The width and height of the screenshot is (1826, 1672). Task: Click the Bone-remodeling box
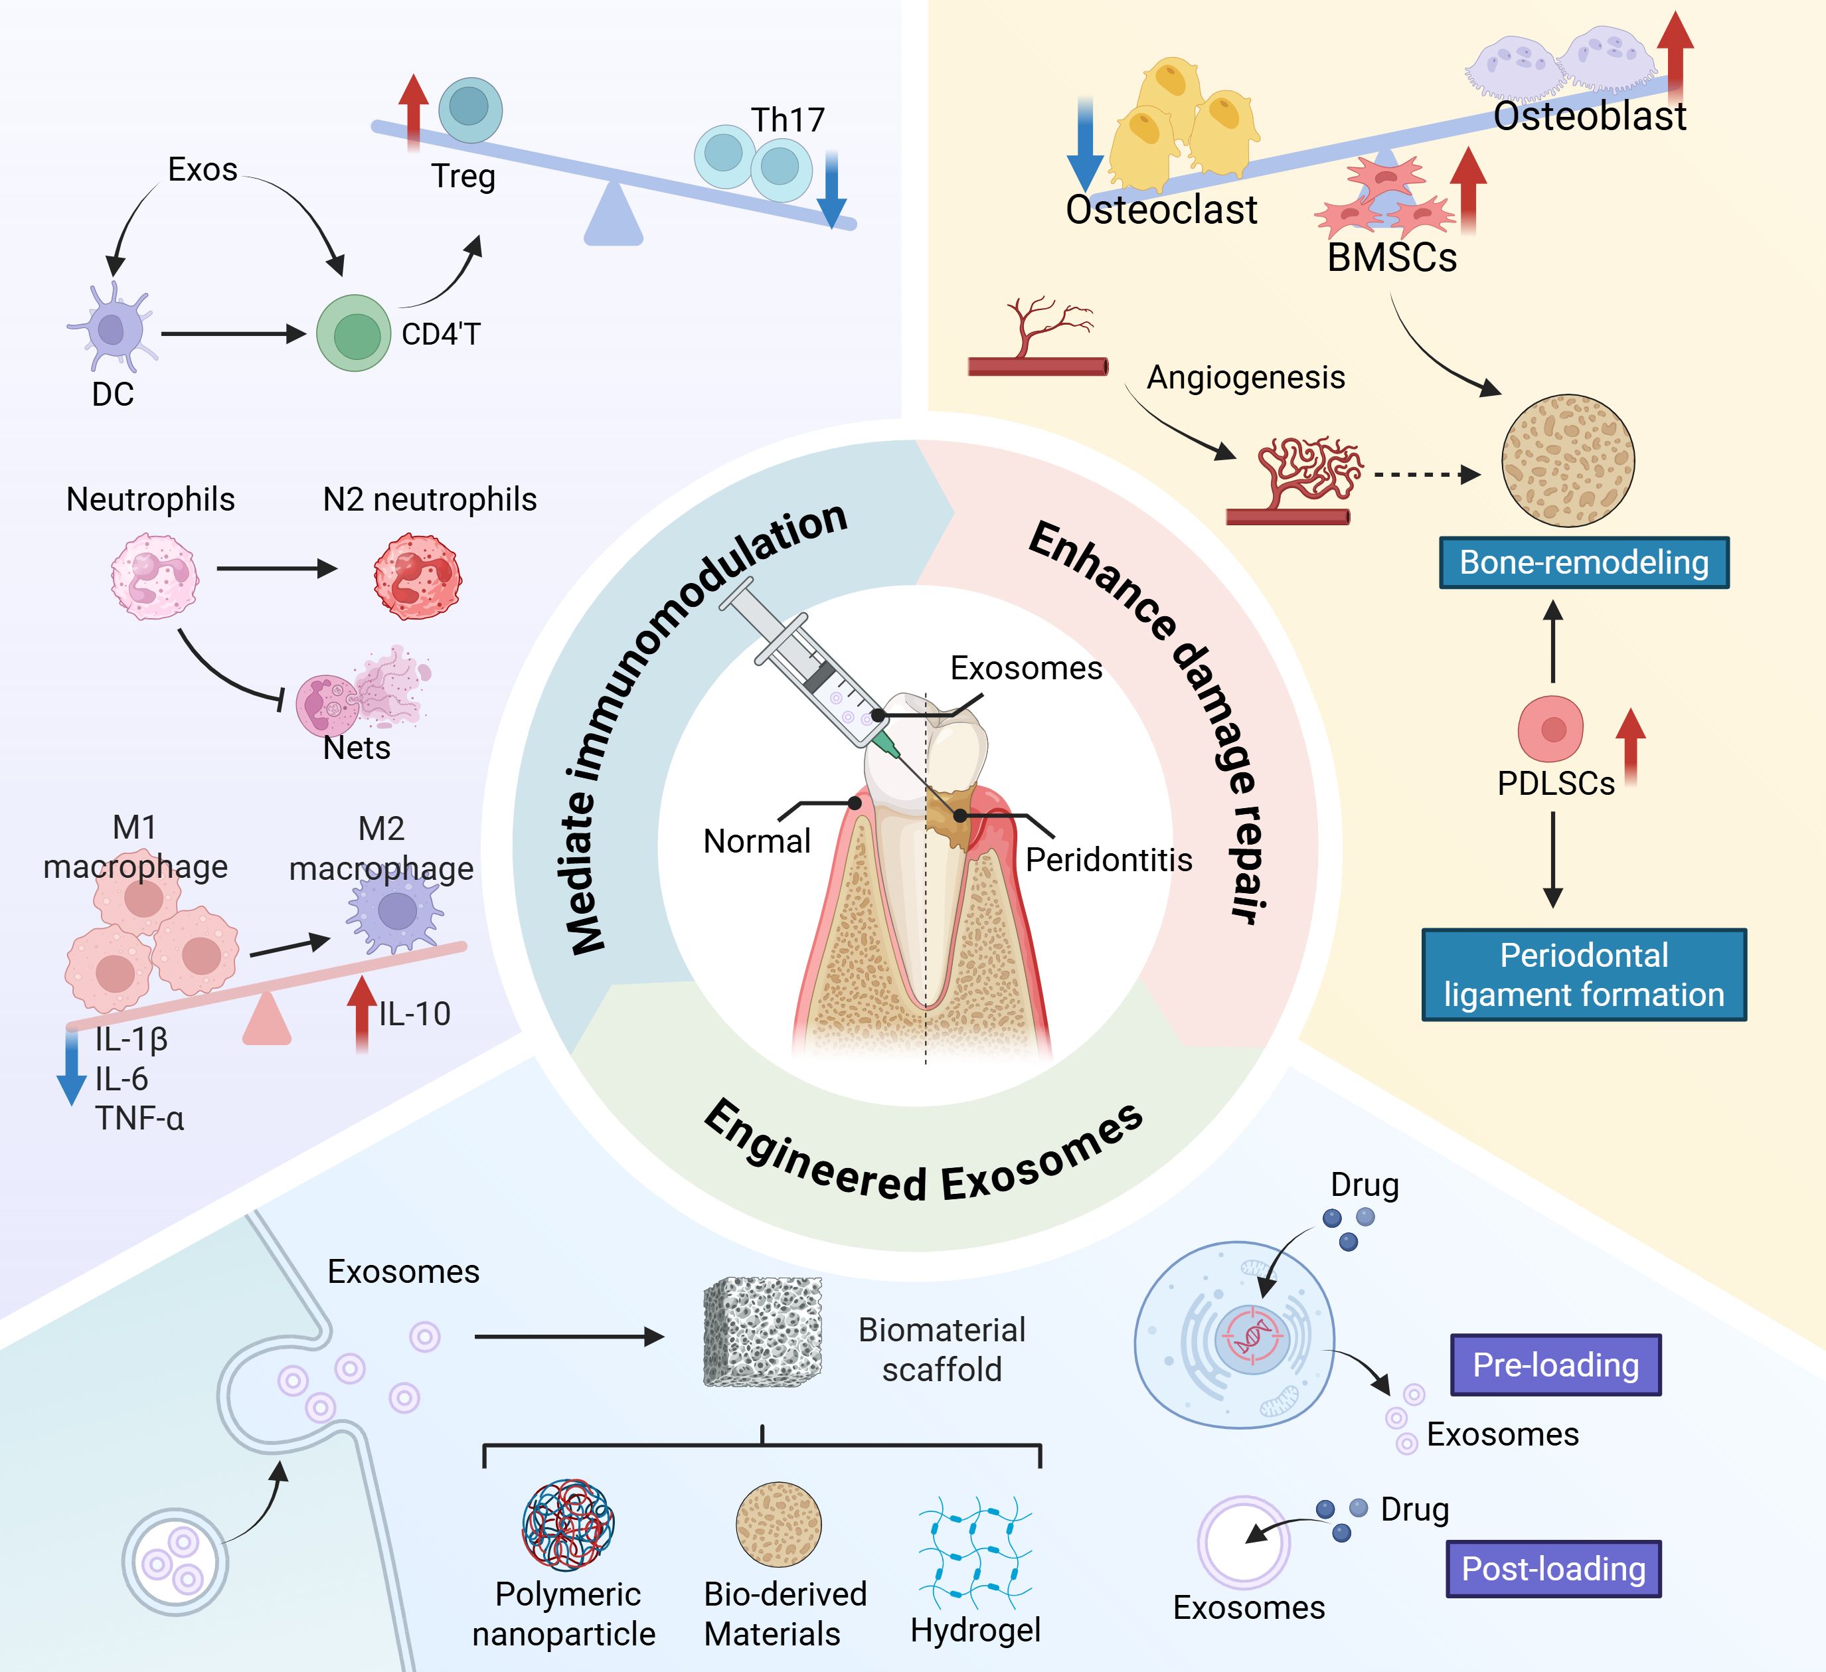click(1583, 562)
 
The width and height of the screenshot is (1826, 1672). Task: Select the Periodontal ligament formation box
click(1583, 975)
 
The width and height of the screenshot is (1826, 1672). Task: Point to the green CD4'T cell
click(354, 333)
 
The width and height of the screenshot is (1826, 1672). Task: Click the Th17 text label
click(787, 120)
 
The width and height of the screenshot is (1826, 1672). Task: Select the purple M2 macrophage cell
click(396, 910)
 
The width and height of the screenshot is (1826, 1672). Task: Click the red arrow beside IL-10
click(363, 1013)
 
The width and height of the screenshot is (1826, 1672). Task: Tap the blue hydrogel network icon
click(975, 1552)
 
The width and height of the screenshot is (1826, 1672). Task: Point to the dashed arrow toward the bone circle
click(1426, 473)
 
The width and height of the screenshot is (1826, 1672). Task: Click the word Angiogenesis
click(1246, 376)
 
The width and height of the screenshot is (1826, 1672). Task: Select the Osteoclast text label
click(1161, 209)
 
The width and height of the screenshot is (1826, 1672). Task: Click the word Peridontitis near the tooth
click(1109, 859)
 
